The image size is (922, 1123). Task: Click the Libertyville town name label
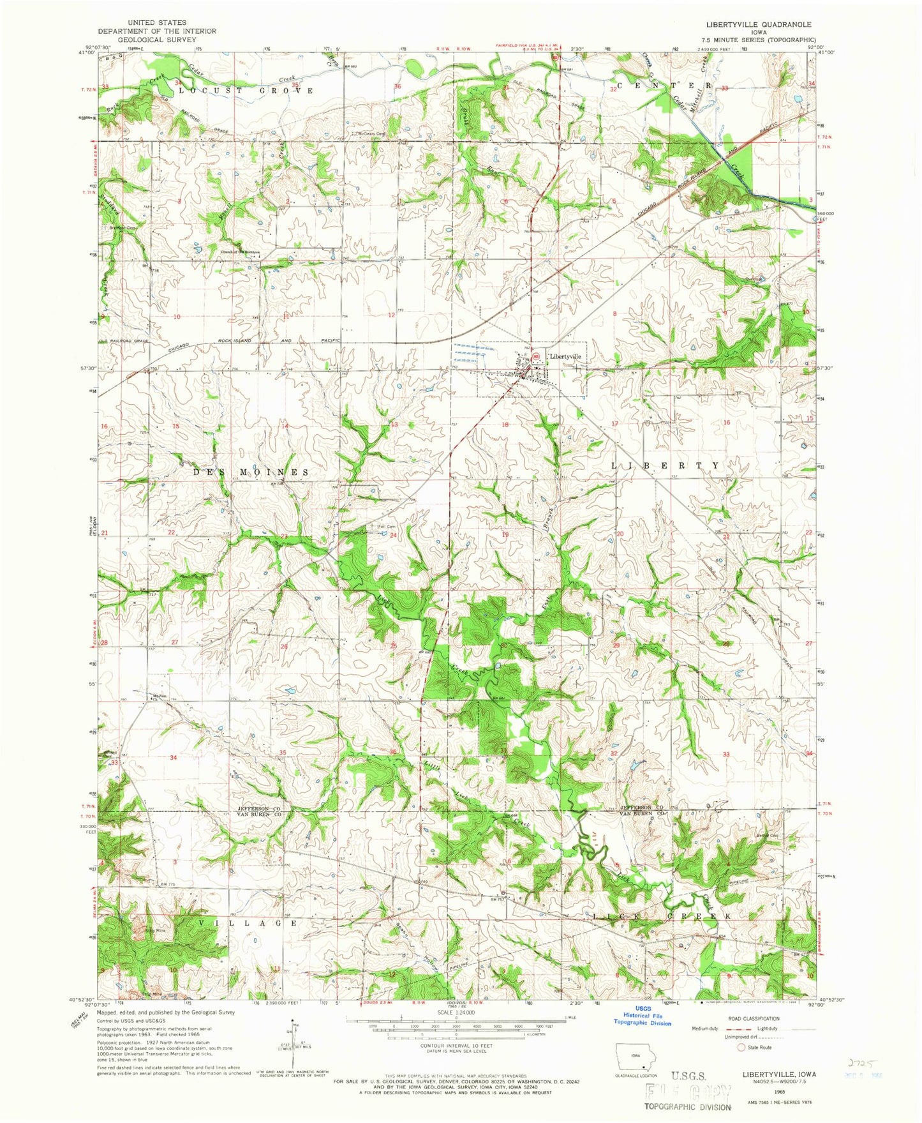coord(565,356)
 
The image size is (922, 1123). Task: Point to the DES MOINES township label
coord(251,472)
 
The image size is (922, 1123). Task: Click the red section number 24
coord(393,535)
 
